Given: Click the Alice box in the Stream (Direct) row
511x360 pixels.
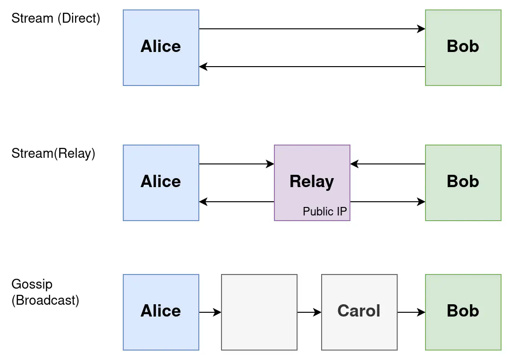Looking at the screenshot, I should pos(161,48).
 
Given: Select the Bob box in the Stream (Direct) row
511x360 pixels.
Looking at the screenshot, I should pos(463,48).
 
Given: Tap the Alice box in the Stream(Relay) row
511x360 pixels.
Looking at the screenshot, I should pos(161,183).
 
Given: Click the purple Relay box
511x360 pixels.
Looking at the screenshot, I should pos(312,182).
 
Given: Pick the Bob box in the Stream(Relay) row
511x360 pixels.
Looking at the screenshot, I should pos(463,183).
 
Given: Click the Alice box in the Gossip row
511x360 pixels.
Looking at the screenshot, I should pos(161,312).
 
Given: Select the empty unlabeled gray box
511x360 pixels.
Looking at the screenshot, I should pos(259,312).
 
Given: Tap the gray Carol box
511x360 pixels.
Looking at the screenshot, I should pos(359,311).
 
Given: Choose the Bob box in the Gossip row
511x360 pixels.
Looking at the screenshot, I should pos(463,312).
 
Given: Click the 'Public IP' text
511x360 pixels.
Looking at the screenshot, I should pos(325,212).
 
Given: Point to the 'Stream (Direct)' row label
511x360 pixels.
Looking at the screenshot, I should pos(56,18).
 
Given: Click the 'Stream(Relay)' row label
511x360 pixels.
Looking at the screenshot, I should pos(53,154).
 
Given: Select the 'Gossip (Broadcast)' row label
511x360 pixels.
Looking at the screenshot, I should pos(45,292).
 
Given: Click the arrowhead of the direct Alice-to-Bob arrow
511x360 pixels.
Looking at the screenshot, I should pos(422,29).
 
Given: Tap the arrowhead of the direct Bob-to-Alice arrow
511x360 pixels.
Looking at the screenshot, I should pos(203,67).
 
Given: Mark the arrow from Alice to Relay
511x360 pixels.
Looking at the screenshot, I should pos(237,164).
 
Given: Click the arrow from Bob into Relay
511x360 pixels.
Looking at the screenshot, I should pos(388,164).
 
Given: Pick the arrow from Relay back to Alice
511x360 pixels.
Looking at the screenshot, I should pos(237,202).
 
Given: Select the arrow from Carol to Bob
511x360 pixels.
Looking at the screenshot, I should pos(411,312).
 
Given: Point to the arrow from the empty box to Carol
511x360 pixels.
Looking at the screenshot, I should pos(309,312).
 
